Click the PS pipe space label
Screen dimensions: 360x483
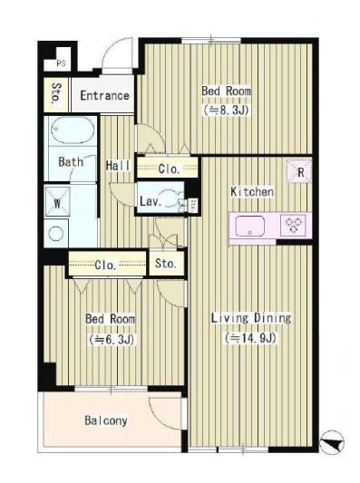[x=61, y=63]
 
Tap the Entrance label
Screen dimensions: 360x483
[x=104, y=95]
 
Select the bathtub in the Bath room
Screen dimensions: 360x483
[x=73, y=130]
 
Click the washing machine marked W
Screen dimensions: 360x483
[x=58, y=202]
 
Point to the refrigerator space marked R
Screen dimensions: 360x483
[x=299, y=171]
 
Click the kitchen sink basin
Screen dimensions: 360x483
[x=250, y=227]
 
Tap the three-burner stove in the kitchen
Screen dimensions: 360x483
[x=293, y=226]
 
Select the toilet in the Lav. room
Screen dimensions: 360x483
[x=171, y=200]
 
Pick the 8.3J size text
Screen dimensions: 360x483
[x=225, y=110]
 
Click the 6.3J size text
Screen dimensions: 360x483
[x=112, y=339]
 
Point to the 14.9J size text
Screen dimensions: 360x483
[x=250, y=338]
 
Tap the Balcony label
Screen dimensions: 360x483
[x=106, y=420]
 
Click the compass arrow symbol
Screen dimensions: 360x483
[x=332, y=441]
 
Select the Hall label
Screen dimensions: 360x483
[x=118, y=166]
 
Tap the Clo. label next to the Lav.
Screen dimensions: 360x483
[x=169, y=169]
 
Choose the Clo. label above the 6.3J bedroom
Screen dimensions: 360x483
[x=105, y=265]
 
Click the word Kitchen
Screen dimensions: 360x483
[x=252, y=191]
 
